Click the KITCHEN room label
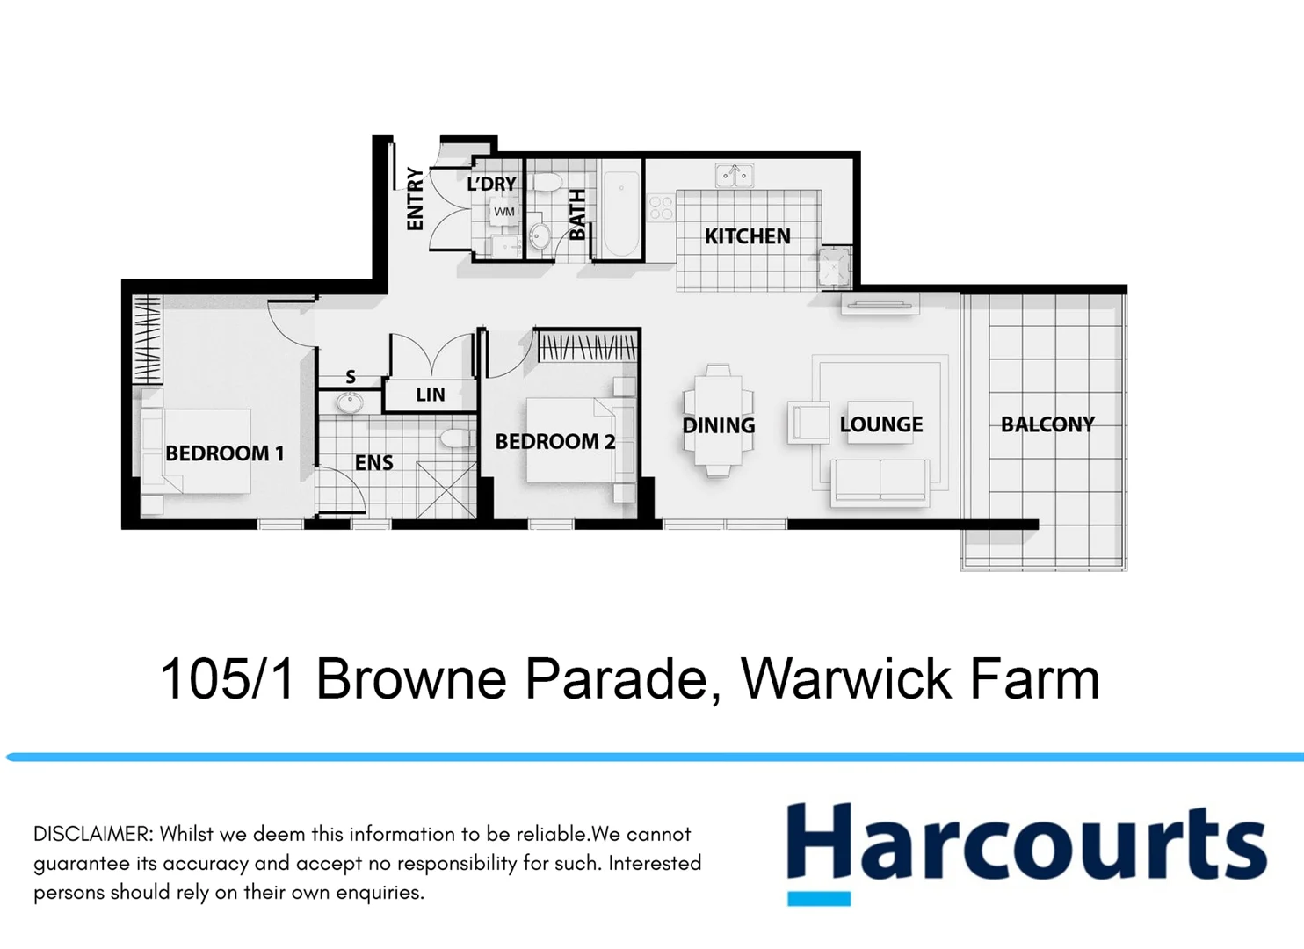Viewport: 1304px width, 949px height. click(x=747, y=236)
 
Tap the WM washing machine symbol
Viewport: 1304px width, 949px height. click(x=503, y=212)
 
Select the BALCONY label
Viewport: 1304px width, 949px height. click(x=1047, y=424)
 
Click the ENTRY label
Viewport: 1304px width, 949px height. click(x=415, y=199)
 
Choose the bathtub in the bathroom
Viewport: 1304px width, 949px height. click(x=620, y=214)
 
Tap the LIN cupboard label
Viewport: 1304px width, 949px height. click(x=430, y=395)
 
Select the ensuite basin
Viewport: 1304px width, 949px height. click(x=350, y=403)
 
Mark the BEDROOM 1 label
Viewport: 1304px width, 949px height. click(x=224, y=453)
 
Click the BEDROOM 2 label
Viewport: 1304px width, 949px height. click(x=554, y=441)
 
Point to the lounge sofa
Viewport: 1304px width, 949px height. click(x=880, y=482)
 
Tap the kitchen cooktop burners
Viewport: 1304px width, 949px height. click(x=660, y=208)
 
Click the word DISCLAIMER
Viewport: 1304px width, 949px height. click(x=93, y=834)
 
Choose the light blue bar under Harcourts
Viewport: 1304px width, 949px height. click(x=818, y=898)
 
